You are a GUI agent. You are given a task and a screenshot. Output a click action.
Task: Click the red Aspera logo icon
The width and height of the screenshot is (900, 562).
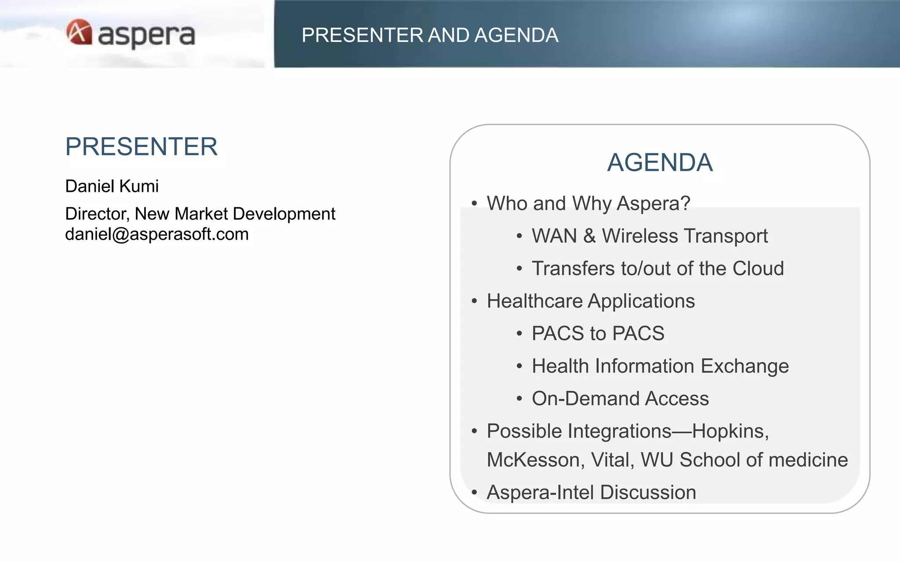pos(79,32)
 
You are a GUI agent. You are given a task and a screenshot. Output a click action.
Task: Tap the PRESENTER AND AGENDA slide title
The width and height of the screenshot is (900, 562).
pos(429,35)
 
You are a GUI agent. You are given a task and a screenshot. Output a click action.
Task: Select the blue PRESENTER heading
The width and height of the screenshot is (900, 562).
pos(141,147)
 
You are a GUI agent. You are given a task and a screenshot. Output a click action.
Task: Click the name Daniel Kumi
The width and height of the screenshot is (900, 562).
pos(112,186)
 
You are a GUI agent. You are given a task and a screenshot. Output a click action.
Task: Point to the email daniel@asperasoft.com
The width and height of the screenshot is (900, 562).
pos(156,234)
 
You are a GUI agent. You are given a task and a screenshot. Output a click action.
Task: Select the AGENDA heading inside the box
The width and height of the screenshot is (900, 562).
pos(660,162)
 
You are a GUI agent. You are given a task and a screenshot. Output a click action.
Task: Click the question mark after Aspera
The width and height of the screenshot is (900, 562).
pos(685,203)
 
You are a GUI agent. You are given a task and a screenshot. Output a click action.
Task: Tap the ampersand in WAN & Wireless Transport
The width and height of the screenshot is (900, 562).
pos(589,236)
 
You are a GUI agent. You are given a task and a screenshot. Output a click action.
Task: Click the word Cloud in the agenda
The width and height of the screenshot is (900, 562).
pos(758,268)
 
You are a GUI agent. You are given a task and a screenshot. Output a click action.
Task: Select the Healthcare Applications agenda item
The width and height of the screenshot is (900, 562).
pos(591,301)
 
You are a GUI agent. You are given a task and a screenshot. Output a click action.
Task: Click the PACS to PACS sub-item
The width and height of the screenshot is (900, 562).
pos(598,333)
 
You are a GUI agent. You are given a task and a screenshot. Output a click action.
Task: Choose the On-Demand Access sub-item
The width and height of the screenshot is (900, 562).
pos(620,399)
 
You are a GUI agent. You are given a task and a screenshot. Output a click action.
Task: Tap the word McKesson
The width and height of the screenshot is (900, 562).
pos(535,460)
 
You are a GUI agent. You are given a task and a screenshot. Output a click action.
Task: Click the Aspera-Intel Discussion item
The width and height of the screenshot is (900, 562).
pos(591,493)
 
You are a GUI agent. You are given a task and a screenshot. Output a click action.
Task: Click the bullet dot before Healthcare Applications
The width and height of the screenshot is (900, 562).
pos(474,302)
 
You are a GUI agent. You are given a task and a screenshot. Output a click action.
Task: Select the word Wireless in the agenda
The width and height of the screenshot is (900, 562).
pos(639,236)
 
